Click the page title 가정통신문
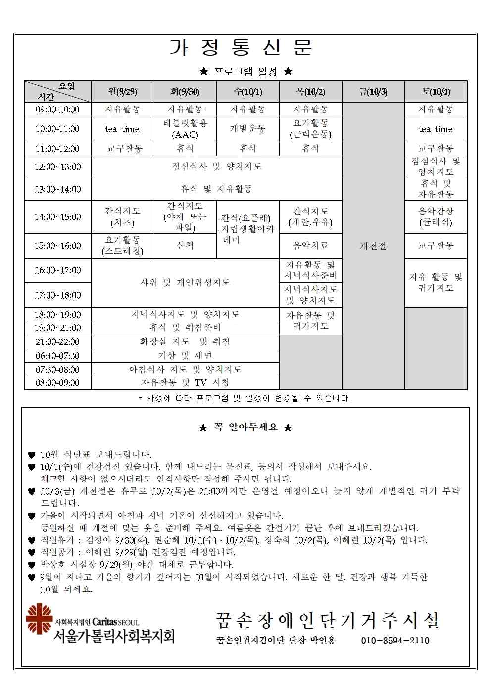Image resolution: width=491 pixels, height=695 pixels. pyautogui.click(x=241, y=48)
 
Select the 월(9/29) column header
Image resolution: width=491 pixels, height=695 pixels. pyautogui.click(x=122, y=92)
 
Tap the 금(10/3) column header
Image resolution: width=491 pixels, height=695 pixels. pyautogui.click(x=373, y=92)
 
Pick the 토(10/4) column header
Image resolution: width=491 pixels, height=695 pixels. pyautogui.click(x=436, y=92)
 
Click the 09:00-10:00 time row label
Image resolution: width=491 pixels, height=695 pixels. pyautogui.click(x=57, y=109)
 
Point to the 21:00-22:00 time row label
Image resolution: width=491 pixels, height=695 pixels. pyautogui.click(x=57, y=342)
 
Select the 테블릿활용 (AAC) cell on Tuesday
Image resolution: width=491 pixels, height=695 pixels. pyautogui.click(x=185, y=129)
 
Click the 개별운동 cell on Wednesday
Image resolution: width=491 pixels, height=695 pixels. pyautogui.click(x=247, y=129)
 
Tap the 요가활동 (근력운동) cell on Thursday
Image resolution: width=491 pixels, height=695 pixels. pyautogui.click(x=310, y=129)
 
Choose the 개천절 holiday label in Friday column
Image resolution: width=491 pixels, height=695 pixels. pyautogui.click(x=373, y=246)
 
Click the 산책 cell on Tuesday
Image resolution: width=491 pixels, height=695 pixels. pyautogui.click(x=185, y=246)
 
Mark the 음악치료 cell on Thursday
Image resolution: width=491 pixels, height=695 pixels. pyautogui.click(x=310, y=246)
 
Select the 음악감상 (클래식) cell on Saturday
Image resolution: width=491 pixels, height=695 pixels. pyautogui.click(x=436, y=217)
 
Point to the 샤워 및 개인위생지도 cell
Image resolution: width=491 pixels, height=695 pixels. pyautogui.click(x=185, y=283)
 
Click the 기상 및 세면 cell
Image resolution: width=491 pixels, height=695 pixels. pyautogui.click(x=185, y=356)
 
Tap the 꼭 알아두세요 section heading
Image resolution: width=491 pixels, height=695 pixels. pyautogui.click(x=245, y=427)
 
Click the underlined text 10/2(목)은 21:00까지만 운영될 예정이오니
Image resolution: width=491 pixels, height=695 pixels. pyautogui.click(x=240, y=491)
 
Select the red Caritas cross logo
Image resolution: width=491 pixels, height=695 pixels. pyautogui.click(x=39, y=619)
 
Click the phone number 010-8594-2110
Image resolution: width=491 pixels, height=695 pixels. pyautogui.click(x=395, y=641)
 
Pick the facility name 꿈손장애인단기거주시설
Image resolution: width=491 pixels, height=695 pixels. pyautogui.click(x=327, y=620)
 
